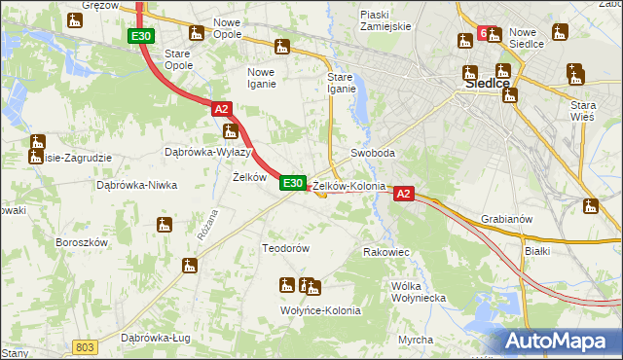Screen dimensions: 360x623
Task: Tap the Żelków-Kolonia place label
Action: [349, 186]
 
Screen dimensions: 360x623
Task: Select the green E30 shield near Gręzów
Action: [140, 36]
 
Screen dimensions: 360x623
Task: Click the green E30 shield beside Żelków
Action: [293, 182]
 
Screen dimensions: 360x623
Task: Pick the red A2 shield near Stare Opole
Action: [221, 111]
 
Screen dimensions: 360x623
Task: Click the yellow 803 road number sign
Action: [86, 346]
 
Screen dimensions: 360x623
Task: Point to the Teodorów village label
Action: [285, 248]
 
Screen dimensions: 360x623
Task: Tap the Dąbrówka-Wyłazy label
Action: [208, 153]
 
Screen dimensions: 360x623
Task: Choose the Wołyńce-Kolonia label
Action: [321, 310]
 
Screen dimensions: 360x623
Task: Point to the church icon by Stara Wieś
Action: [574, 75]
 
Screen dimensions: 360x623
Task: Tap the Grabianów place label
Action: [506, 219]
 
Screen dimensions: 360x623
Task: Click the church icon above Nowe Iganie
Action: [282, 46]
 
